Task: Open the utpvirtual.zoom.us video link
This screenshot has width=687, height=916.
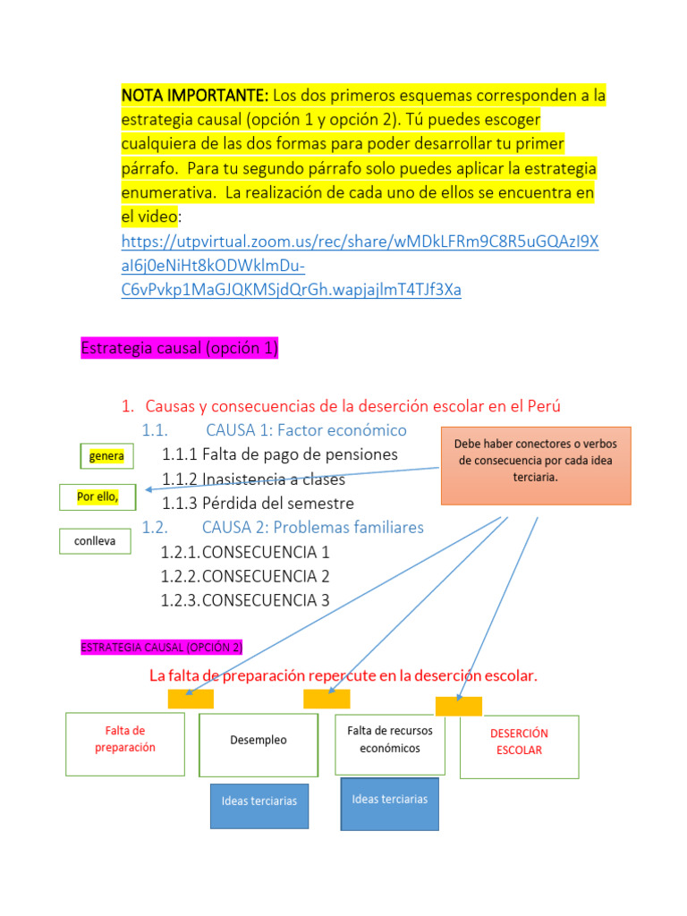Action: point(360,266)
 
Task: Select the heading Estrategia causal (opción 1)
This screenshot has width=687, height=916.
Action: point(179,349)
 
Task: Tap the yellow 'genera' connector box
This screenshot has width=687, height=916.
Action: point(106,457)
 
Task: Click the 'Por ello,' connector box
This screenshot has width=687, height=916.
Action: point(98,496)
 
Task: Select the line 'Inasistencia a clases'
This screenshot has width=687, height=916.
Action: point(273,479)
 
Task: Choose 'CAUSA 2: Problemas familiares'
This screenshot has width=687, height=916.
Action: point(312,528)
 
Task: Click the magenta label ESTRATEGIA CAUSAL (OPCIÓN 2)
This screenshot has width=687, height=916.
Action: point(162,647)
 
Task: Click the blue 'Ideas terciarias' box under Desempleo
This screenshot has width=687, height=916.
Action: point(259,801)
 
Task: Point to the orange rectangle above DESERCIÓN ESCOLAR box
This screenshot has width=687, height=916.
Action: point(458,706)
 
